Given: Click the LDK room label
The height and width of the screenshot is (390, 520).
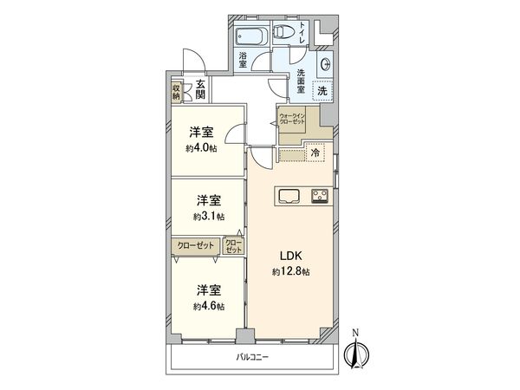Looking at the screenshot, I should [x=289, y=256].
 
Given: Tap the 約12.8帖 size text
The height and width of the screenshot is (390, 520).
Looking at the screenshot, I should [x=289, y=270].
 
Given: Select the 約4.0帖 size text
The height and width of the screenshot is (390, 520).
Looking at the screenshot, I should [x=200, y=148].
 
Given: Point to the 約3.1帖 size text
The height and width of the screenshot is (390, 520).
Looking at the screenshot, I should [x=209, y=216].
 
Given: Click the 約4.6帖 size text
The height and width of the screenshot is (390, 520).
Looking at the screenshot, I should [x=209, y=307].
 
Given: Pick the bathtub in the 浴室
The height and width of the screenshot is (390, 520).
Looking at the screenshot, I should [x=250, y=37].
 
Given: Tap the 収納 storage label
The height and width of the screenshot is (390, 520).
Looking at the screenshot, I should [x=176, y=90].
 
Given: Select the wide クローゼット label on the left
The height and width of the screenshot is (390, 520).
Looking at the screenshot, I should [x=197, y=245].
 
